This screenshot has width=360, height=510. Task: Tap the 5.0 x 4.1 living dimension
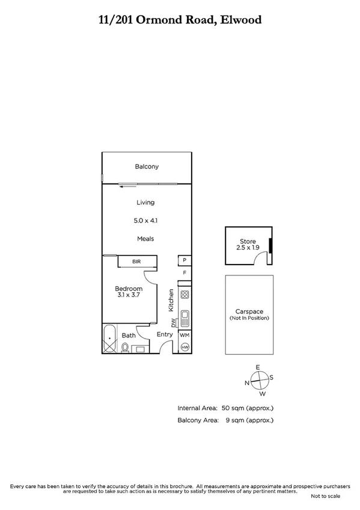pyautogui.click(x=145, y=221)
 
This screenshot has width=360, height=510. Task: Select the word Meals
pyautogui.click(x=145, y=239)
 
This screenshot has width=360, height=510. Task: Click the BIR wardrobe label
pyautogui.click(x=137, y=262)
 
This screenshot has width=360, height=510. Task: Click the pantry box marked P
pyautogui.click(x=184, y=261)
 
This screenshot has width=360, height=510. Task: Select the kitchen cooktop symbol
pyautogui.click(x=185, y=295)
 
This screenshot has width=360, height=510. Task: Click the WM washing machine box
pyautogui.click(x=185, y=334)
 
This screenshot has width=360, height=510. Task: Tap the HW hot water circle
pyautogui.click(x=185, y=347)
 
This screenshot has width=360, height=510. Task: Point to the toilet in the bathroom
pyautogui.click(x=125, y=347)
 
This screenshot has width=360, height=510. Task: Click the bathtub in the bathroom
pyautogui.click(x=109, y=340)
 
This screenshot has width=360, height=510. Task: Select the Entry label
pyautogui.click(x=165, y=334)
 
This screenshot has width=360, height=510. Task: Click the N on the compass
pyautogui.click(x=246, y=382)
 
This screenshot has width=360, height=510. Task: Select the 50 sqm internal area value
pyautogui.click(x=246, y=408)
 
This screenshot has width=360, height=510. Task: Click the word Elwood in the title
pyautogui.click(x=240, y=20)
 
